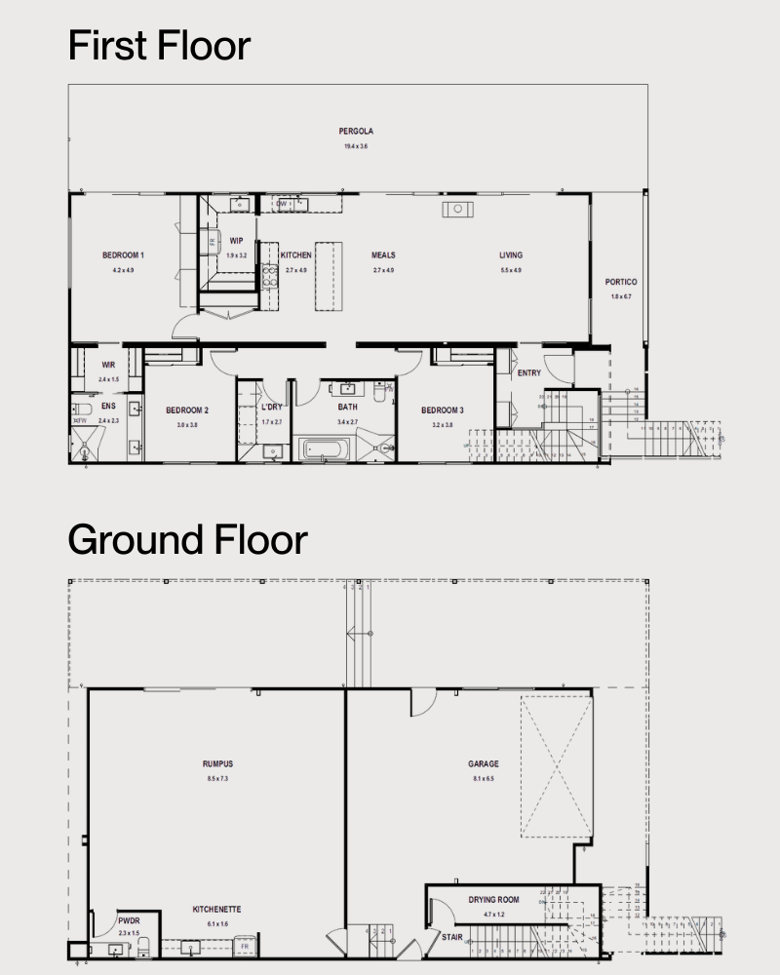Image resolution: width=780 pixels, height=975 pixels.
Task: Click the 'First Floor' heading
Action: [x=159, y=46]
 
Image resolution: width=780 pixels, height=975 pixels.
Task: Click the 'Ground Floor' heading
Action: [x=187, y=539]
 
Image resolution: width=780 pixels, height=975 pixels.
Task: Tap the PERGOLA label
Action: [x=356, y=131]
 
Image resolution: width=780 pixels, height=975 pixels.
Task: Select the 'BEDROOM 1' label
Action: [x=123, y=255]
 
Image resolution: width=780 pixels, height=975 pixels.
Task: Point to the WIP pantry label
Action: [x=237, y=241]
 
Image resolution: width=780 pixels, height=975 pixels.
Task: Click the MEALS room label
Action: [x=383, y=255]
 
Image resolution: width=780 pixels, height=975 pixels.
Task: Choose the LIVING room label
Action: [x=511, y=255]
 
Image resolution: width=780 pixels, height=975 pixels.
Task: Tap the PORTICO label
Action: [x=621, y=282]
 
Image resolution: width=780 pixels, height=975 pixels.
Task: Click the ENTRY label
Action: [x=529, y=373]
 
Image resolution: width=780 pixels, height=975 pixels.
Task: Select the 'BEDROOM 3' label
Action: [x=443, y=410]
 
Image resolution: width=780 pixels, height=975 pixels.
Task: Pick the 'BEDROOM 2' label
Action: [x=187, y=410]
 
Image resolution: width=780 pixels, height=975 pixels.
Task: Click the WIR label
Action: [x=108, y=365]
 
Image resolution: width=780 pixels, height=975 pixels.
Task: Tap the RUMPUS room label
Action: [x=217, y=764]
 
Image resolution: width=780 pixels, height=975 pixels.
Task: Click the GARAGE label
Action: [x=484, y=764]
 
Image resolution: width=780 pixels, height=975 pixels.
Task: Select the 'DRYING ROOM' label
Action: [x=493, y=900]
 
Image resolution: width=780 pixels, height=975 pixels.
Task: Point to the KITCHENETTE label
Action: [x=216, y=910]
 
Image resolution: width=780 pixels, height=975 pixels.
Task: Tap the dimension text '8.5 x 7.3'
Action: [x=217, y=779]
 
